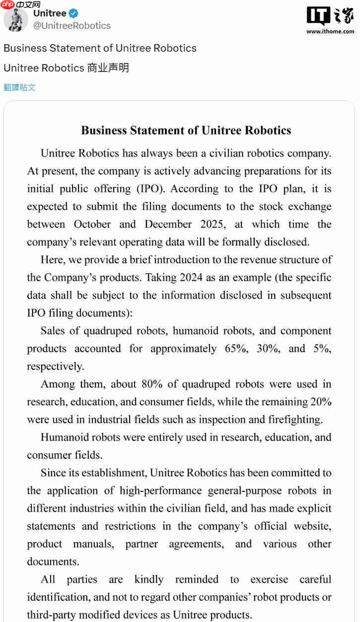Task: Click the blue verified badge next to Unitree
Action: pos(73,13)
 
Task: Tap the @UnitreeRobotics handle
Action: pos(72,26)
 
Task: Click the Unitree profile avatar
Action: pos(15,20)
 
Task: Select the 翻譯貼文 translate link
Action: pos(20,87)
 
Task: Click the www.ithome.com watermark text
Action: pos(330,31)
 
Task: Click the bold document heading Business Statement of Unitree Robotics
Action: pos(186,131)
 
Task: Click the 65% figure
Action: pos(236,349)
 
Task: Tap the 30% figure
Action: pos(268,349)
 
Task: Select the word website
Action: pos(312,526)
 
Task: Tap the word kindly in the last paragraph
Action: pos(148,580)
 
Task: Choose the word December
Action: pos(168,225)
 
